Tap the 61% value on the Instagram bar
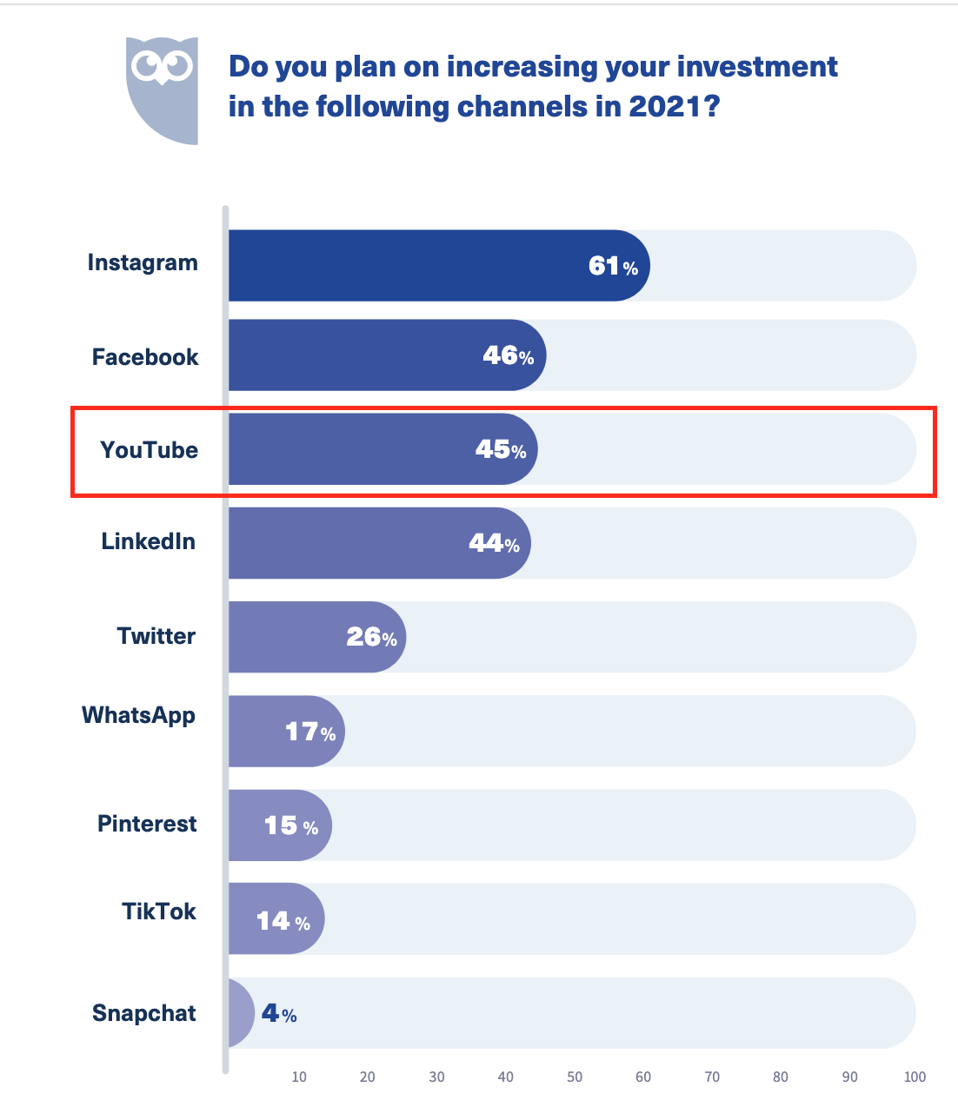point(613,266)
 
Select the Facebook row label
point(145,357)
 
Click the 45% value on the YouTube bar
point(501,449)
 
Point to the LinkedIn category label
point(148,541)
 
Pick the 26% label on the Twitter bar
point(371,637)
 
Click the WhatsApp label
point(138,716)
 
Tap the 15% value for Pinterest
point(290,825)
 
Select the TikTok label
point(159,911)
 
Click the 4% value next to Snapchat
point(279,1013)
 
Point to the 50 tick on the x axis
point(575,1077)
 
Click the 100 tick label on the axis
point(915,1077)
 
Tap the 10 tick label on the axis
point(299,1077)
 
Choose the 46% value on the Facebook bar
point(508,355)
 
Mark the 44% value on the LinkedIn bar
point(494,543)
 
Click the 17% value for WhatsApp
point(310,732)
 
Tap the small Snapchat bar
point(241,1013)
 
